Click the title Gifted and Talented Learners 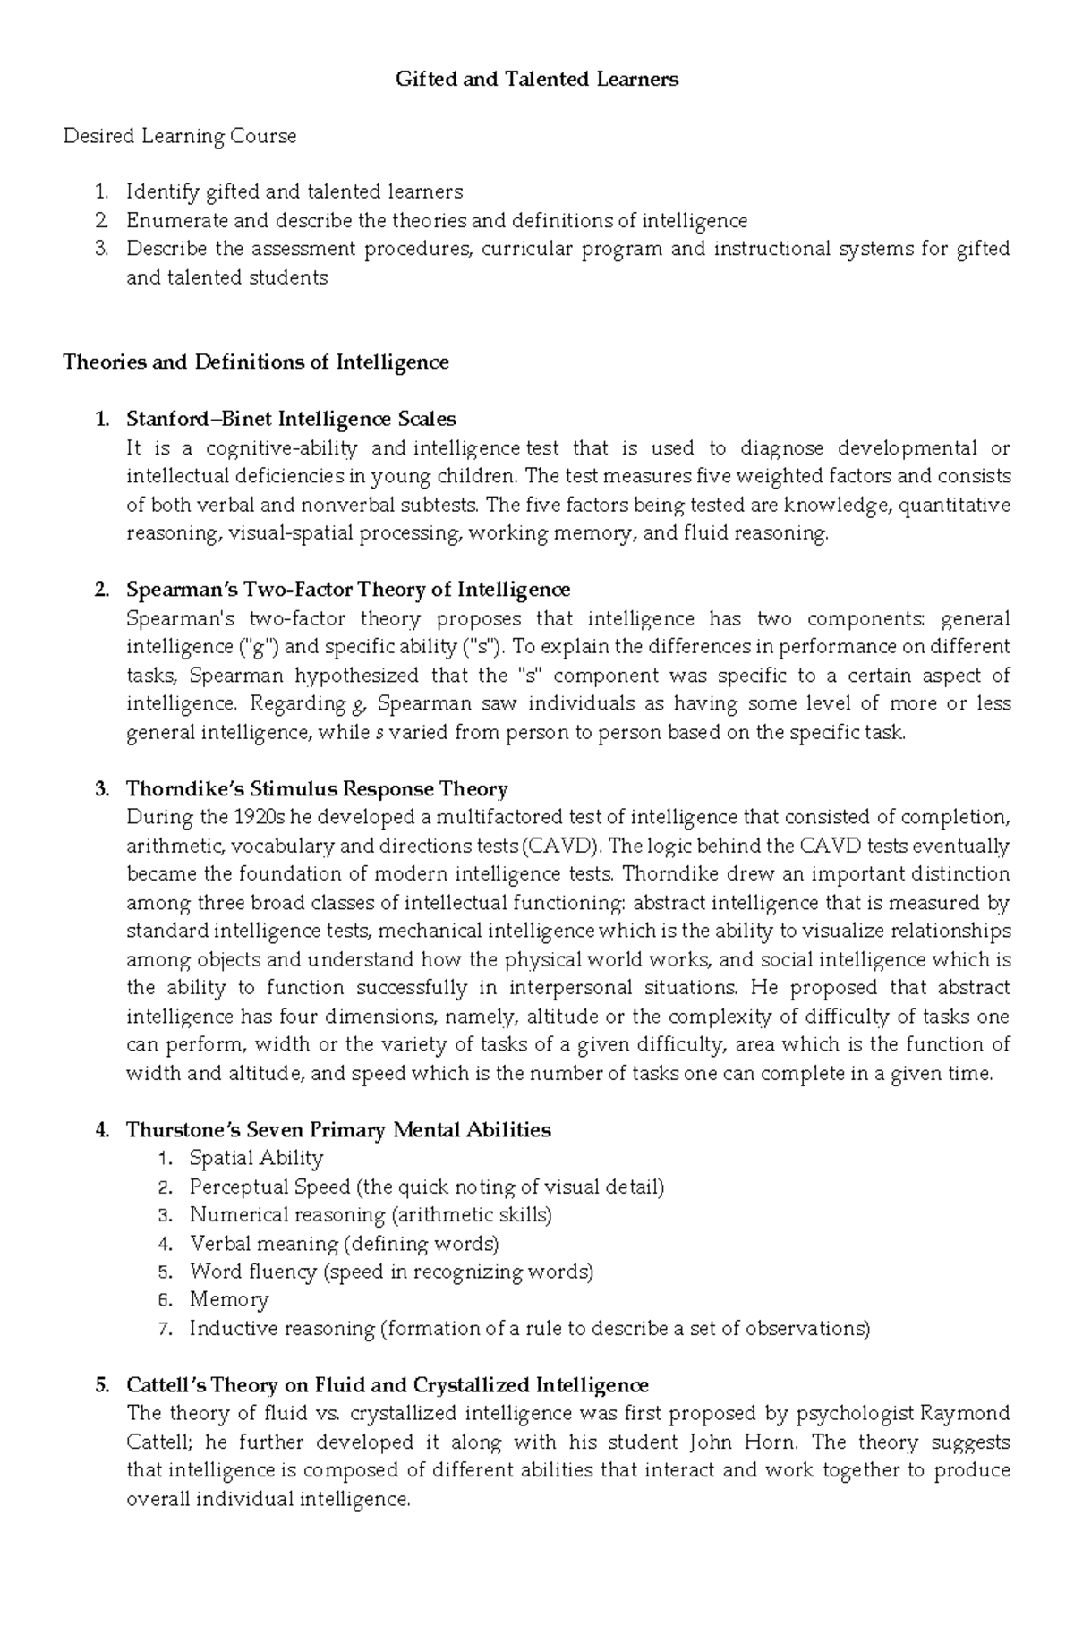537,80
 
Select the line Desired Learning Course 180,136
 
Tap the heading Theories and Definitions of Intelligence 256,362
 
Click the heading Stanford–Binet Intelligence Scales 291,419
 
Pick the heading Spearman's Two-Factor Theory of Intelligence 348,590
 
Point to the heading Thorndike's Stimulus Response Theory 317,789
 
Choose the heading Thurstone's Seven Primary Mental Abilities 338,1130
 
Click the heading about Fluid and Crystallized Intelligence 387,1385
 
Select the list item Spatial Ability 256,1159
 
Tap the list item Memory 229,1300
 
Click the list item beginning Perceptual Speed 426,1187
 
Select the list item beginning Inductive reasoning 529,1329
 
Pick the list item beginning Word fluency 391,1272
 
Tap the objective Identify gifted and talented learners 294,192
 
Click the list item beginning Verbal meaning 344,1244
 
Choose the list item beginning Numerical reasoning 371,1215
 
